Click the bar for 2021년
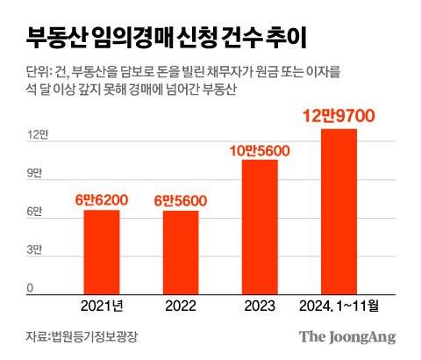(x=102, y=250)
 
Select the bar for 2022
(x=180, y=251)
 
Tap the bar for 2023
(x=260, y=226)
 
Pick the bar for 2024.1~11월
(x=339, y=211)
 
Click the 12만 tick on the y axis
(x=36, y=134)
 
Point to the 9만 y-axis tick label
(x=34, y=173)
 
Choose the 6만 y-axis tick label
(x=34, y=212)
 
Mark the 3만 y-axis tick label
(x=34, y=250)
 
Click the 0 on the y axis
(x=30, y=288)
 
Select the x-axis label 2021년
(x=102, y=306)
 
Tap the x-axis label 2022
(x=180, y=306)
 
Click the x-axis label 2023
(x=260, y=306)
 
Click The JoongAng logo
(x=347, y=336)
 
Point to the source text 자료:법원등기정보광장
(x=82, y=336)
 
